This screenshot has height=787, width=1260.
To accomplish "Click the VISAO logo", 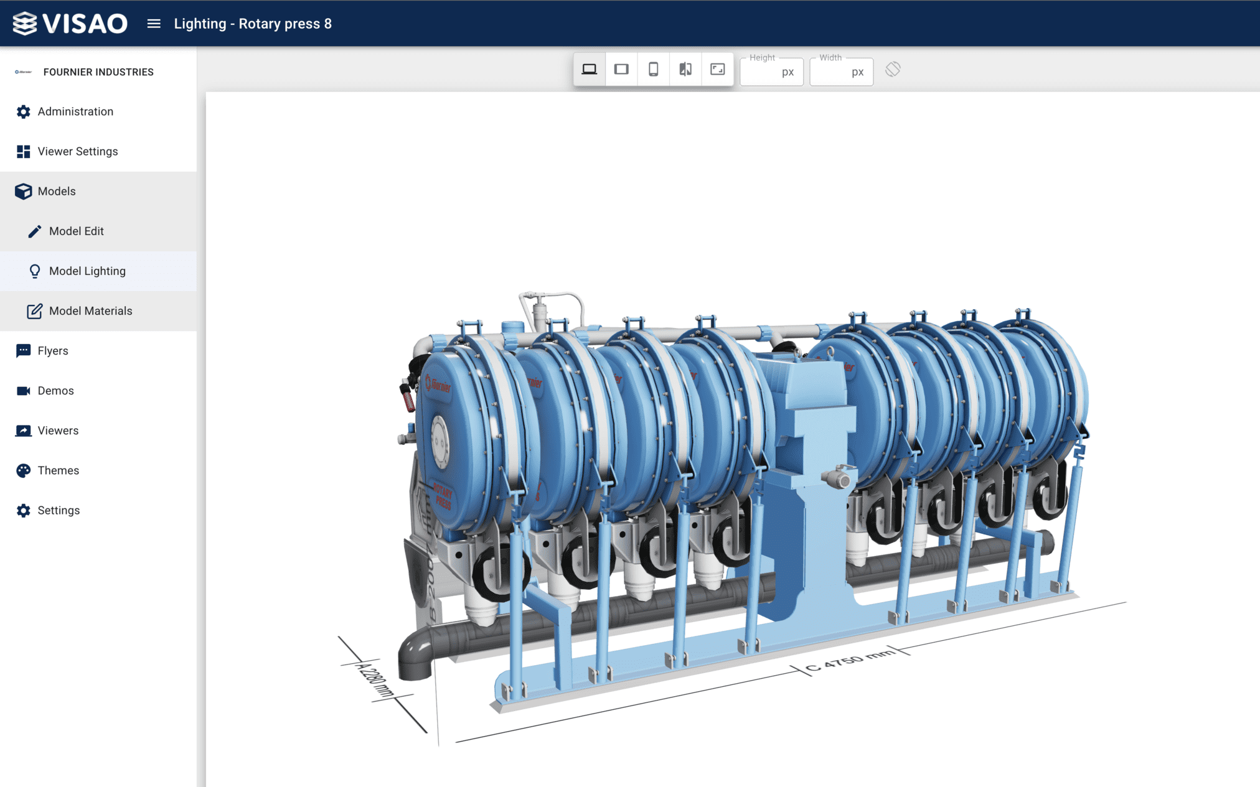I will [x=70, y=24].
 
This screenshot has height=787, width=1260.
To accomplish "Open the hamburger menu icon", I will [x=154, y=24].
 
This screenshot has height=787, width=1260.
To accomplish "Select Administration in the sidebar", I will [x=75, y=111].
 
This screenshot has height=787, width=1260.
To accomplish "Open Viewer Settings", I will [x=77, y=151].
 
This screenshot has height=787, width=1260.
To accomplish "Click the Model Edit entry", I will [x=76, y=231].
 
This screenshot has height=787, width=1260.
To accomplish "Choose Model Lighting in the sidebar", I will [x=87, y=271].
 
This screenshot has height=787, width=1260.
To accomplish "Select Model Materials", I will [x=90, y=310].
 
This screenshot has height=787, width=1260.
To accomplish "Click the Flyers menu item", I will [x=52, y=350].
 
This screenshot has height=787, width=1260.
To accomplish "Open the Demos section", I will [x=55, y=390].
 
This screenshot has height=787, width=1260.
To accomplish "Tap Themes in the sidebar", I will [x=58, y=470].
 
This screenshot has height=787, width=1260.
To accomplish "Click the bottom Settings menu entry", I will [x=59, y=510].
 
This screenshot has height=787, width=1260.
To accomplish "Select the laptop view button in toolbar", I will [x=589, y=69].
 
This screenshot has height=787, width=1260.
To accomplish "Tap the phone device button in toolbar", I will [x=653, y=69].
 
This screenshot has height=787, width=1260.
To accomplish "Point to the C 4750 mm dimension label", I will [x=850, y=661].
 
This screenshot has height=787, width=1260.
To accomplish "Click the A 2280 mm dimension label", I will [x=375, y=680].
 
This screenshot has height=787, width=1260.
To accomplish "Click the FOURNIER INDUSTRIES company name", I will [x=98, y=72].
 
